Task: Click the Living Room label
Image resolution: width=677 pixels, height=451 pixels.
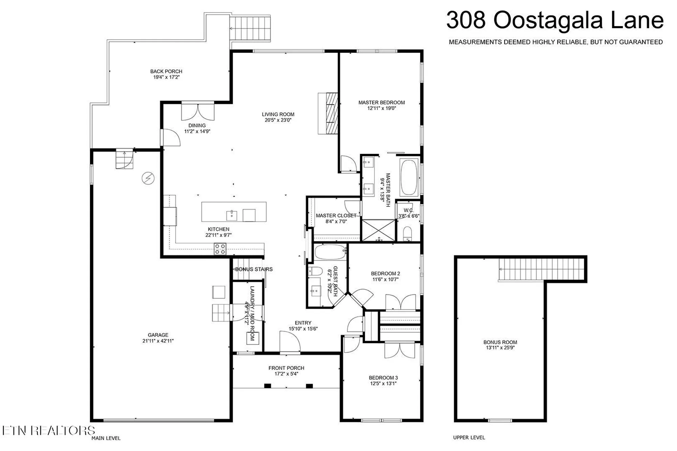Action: click(278, 114)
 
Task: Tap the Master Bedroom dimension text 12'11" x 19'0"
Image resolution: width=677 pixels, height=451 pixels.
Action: click(381, 108)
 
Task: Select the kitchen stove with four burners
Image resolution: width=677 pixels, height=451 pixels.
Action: click(220, 249)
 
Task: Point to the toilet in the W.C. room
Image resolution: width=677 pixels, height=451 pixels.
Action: click(408, 233)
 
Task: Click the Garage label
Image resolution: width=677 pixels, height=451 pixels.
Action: click(158, 335)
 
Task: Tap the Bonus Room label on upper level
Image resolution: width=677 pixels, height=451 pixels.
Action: click(500, 342)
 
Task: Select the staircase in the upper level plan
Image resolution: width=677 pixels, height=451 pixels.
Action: click(542, 269)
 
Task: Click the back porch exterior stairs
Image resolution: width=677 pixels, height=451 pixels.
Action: click(250, 28)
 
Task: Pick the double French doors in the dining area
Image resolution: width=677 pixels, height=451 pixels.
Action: click(198, 112)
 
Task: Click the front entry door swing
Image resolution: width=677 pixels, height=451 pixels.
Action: click(290, 342)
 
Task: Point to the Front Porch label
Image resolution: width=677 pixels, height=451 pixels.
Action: click(286, 368)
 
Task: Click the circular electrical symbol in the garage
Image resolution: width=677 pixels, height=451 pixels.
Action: click(148, 178)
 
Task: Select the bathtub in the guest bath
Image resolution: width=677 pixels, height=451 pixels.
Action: click(330, 252)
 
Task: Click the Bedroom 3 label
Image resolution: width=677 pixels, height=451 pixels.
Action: click(383, 378)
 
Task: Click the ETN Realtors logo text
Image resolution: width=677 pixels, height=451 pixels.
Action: click(48, 430)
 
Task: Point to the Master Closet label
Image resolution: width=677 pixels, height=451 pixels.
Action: click(336, 216)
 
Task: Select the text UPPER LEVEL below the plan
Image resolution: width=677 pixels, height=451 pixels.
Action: click(469, 437)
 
